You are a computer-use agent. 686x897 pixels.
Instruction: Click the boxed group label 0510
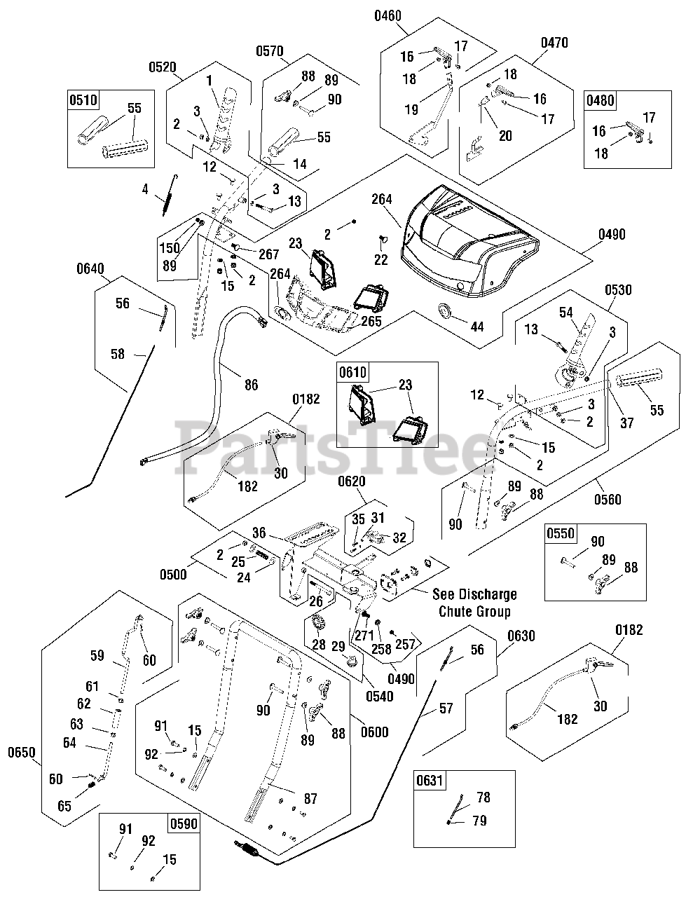coord(83,100)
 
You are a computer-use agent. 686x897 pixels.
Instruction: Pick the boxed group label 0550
coord(560,533)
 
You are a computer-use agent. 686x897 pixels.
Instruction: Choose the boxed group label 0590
coord(183,823)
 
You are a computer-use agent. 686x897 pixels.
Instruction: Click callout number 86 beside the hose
coord(251,384)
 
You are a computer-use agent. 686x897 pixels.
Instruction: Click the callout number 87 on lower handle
coord(310,798)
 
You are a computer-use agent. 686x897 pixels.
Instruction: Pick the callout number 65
coord(64,806)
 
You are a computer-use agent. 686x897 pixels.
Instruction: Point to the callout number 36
coord(259,533)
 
